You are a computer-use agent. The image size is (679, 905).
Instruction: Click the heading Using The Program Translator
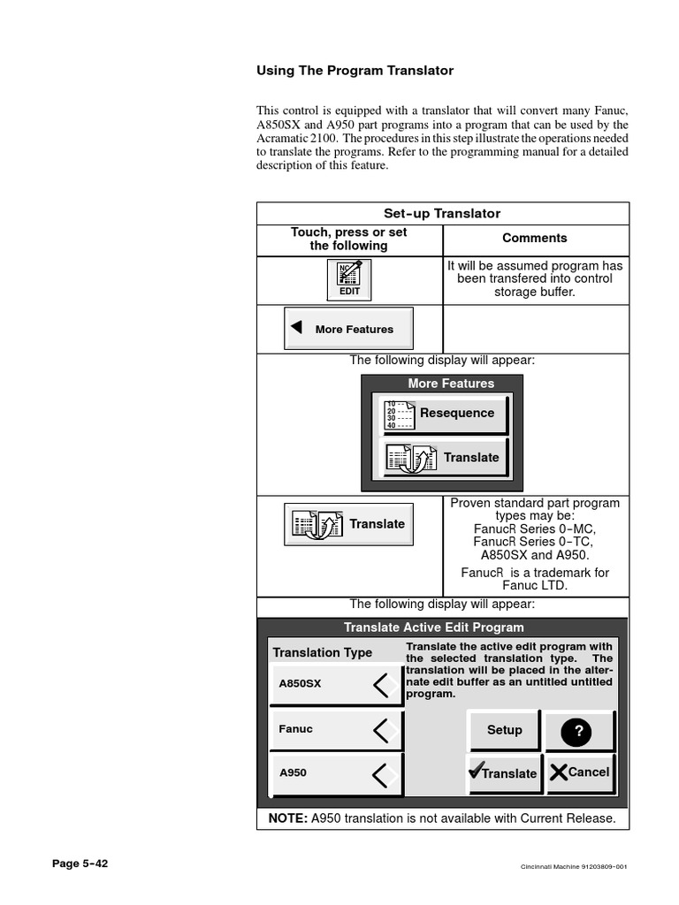click(x=355, y=70)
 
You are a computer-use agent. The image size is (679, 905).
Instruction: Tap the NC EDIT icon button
click(x=349, y=280)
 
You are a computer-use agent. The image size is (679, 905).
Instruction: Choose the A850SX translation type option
click(x=336, y=684)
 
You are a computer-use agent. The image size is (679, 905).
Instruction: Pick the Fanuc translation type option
click(x=336, y=730)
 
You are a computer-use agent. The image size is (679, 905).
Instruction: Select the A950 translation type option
click(x=336, y=773)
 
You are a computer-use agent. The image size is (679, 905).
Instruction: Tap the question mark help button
click(x=579, y=731)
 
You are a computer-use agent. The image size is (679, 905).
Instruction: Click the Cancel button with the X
click(x=580, y=772)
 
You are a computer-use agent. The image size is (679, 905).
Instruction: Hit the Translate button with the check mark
click(x=503, y=772)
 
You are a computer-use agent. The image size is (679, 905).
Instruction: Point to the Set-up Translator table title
click(x=442, y=214)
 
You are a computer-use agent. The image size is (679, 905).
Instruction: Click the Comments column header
click(x=535, y=238)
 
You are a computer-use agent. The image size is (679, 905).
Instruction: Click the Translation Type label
click(x=322, y=652)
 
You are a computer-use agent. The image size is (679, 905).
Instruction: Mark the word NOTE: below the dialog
click(x=287, y=818)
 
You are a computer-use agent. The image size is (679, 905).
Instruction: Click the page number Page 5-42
click(x=80, y=864)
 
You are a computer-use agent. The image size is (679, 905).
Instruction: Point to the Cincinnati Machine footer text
click(x=573, y=866)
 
